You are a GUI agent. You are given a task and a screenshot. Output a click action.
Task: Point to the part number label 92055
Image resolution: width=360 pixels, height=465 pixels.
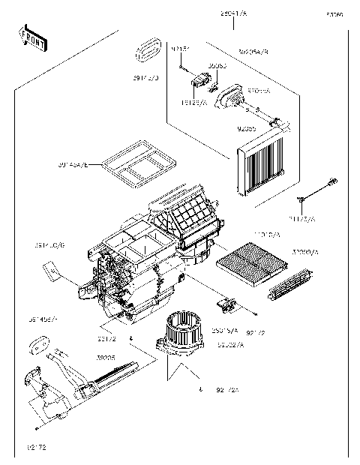246,130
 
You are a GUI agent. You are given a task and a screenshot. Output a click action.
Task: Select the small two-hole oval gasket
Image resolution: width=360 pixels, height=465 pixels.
37,346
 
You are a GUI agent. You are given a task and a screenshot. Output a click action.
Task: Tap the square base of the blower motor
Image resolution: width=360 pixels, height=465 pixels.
181,349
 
